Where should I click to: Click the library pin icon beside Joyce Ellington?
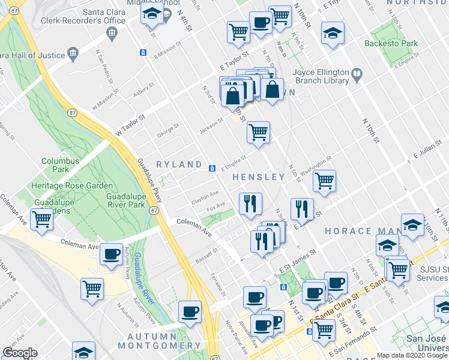(x=357, y=75)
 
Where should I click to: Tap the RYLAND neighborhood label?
(x=179, y=164)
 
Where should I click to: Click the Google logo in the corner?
(x=20, y=352)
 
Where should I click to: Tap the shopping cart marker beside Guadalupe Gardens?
(x=42, y=220)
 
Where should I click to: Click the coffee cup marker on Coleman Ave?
(x=112, y=254)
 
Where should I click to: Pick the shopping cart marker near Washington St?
(x=324, y=180)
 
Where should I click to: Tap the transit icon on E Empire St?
(x=212, y=168)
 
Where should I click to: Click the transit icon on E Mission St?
(x=143, y=52)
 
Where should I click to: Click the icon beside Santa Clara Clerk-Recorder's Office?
(x=112, y=35)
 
